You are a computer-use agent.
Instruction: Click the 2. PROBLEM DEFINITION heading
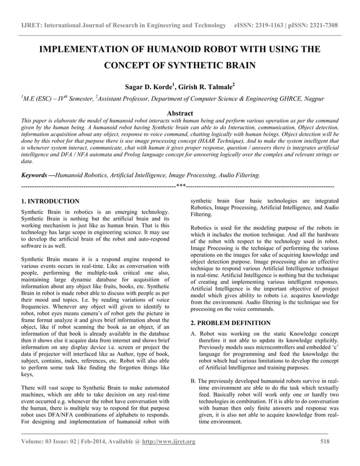coord(230,323)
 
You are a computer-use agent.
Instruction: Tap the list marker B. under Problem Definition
coord(194,382)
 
